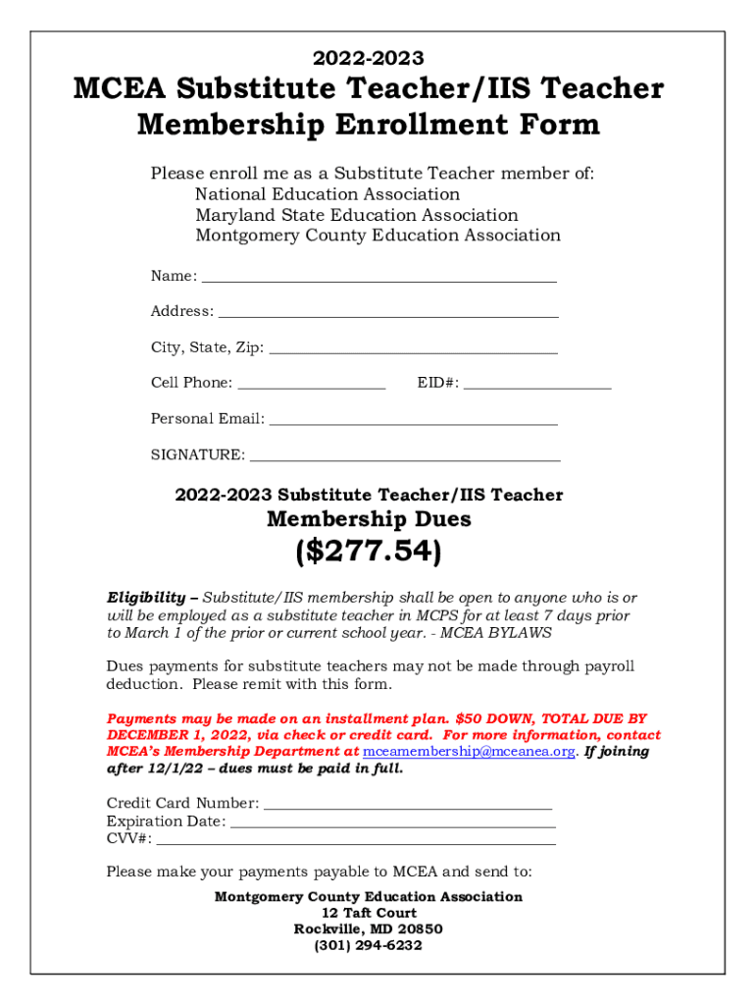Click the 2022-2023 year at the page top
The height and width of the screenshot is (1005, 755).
(x=368, y=59)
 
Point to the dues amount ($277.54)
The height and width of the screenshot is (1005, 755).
(x=368, y=553)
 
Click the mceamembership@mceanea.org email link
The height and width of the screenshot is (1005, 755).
(x=469, y=752)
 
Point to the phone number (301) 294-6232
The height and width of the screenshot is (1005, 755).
(x=368, y=945)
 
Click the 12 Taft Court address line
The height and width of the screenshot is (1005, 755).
(x=368, y=913)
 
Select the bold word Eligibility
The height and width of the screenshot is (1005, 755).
(x=145, y=598)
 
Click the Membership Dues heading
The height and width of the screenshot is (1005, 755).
(x=369, y=519)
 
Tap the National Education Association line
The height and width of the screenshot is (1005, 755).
(x=327, y=194)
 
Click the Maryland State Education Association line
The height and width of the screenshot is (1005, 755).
(x=356, y=215)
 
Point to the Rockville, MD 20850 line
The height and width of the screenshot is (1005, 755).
(x=368, y=928)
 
